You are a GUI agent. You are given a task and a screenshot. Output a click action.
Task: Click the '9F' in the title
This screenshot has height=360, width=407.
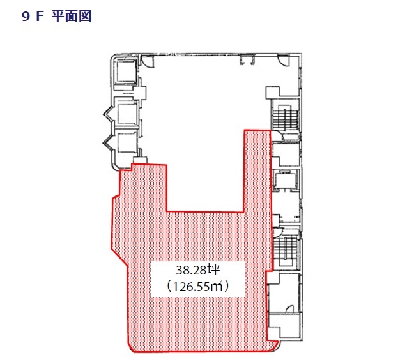click(33, 17)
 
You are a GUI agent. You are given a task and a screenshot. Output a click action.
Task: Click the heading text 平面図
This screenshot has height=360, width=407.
click(72, 17)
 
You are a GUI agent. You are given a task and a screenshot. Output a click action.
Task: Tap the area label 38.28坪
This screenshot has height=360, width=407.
click(198, 270)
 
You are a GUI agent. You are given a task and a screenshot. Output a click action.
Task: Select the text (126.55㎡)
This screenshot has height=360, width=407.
click(198, 287)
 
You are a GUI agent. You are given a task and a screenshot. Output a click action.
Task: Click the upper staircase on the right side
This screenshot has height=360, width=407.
click(285, 117)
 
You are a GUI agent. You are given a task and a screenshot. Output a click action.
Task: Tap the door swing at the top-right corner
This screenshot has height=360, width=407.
click(283, 61)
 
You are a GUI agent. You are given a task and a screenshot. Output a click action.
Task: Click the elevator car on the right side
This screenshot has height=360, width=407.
click(286, 179)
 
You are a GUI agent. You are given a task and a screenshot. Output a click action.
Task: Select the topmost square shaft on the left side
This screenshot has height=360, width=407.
click(126, 71)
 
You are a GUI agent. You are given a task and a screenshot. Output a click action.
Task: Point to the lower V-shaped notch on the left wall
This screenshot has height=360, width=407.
click(109, 142)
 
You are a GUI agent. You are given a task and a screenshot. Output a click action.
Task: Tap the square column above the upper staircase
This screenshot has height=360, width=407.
click(272, 93)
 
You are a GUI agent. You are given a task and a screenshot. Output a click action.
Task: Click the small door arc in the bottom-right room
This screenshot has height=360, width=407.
click(289, 309)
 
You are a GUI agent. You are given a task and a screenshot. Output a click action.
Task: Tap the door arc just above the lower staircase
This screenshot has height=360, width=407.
click(276, 232)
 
